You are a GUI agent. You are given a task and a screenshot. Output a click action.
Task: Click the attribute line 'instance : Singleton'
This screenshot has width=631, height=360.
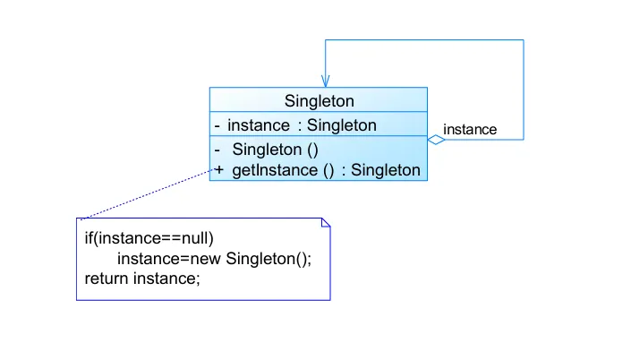pyautogui.click(x=302, y=125)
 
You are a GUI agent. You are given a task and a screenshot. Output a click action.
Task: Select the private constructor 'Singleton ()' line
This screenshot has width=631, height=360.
pyautogui.click(x=275, y=150)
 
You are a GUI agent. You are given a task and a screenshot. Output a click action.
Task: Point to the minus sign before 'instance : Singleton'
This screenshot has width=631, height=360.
pyautogui.click(x=217, y=125)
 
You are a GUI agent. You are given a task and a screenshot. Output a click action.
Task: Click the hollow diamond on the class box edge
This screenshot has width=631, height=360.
pyautogui.click(x=436, y=140)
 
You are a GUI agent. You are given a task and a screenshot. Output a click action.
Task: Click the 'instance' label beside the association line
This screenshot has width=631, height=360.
pyautogui.click(x=470, y=130)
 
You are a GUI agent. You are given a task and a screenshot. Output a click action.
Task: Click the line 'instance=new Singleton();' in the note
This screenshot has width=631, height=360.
pyautogui.click(x=214, y=259)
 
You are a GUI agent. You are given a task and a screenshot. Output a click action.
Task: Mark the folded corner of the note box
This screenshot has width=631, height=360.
pyautogui.click(x=326, y=223)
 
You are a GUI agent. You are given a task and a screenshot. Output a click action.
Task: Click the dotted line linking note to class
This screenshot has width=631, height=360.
pyautogui.click(x=143, y=194)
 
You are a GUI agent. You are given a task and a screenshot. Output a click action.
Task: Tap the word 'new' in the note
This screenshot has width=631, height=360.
pyautogui.click(x=207, y=259)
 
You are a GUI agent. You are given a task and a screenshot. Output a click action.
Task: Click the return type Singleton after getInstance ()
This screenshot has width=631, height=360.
pyautogui.click(x=386, y=169)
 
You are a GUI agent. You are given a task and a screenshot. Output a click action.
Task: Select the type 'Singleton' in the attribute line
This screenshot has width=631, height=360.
pyautogui.click(x=342, y=125)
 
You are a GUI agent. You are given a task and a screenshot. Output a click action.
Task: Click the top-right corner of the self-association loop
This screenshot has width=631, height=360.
pyautogui.click(x=524, y=39)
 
